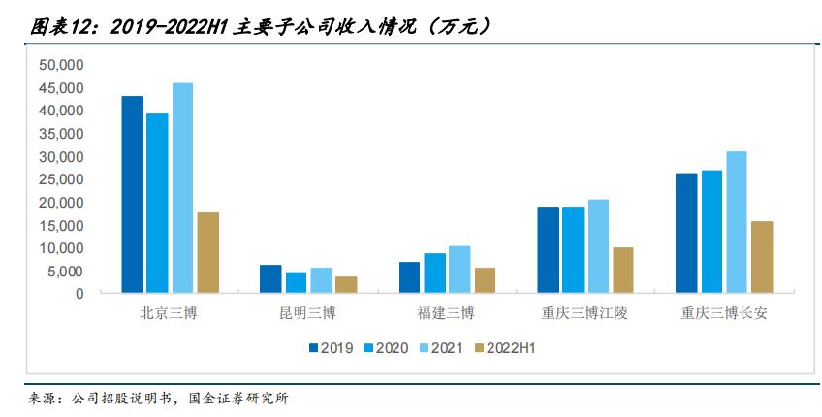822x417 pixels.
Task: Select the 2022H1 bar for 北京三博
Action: coord(207,252)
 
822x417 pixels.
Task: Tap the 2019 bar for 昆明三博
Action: coord(270,278)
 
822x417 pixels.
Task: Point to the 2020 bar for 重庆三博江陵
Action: coord(573,249)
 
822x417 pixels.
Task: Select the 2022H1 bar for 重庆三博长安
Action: coord(762,257)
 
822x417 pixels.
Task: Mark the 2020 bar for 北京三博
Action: coord(157,203)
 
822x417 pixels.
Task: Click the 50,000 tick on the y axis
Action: coord(63,65)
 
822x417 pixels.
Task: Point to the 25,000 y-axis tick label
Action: coord(63,179)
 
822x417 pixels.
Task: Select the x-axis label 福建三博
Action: coord(447,314)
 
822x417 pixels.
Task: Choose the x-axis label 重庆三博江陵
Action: coord(585,314)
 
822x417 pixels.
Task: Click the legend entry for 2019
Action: coord(331,347)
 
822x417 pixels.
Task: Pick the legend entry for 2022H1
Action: coord(505,347)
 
